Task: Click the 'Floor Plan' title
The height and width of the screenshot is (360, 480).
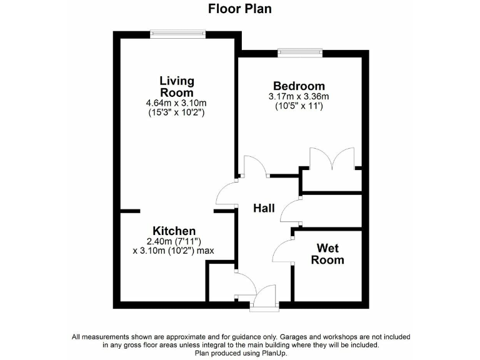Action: tap(239, 9)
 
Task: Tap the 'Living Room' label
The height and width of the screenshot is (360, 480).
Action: tap(177, 87)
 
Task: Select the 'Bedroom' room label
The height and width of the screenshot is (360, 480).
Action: tap(299, 86)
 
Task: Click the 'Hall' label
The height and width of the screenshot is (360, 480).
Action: tap(264, 209)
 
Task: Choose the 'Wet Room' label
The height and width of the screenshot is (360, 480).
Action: tap(327, 254)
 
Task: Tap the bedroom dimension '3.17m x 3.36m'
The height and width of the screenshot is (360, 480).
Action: tap(299, 97)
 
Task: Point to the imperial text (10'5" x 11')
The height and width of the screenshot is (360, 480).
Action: tap(299, 107)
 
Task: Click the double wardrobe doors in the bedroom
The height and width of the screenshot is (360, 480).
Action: tap(332, 159)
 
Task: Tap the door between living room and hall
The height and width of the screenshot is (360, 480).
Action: tap(226, 194)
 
